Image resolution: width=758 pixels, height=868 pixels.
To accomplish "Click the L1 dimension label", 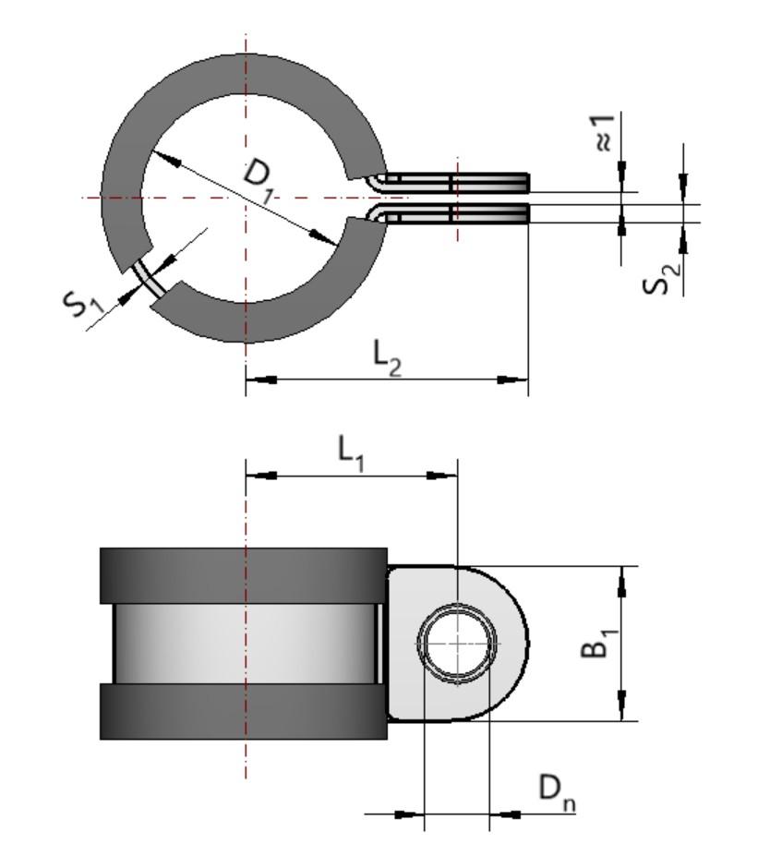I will tap(351, 452).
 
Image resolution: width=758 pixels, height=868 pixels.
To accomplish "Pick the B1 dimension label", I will tap(596, 642).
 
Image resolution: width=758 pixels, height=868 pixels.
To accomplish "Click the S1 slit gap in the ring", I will tap(149, 277).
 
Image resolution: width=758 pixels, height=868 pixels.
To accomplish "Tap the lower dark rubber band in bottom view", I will tap(244, 712).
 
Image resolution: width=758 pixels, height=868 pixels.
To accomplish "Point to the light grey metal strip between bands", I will tap(244, 644).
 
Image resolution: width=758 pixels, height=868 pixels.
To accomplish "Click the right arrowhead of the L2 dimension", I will tap(517, 379).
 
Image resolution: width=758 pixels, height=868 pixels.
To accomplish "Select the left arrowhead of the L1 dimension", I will tap(258, 475).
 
